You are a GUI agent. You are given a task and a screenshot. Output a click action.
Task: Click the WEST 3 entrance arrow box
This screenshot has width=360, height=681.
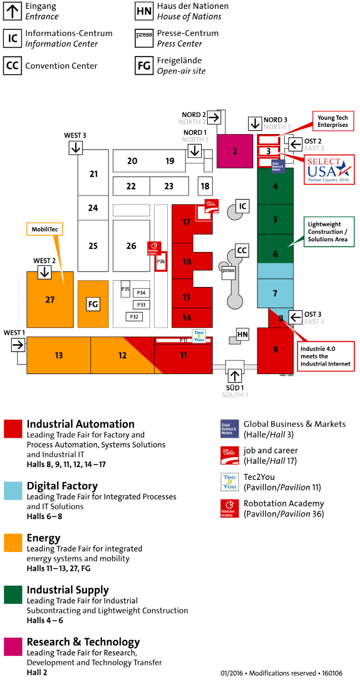75,147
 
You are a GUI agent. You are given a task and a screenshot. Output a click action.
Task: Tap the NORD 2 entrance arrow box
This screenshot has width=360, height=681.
214,117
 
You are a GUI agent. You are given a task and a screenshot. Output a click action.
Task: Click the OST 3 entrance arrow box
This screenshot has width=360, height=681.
296,317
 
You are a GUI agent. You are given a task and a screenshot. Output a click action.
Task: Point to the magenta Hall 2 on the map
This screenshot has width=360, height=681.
235,151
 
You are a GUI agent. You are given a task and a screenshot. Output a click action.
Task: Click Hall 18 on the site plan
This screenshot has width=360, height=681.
205,186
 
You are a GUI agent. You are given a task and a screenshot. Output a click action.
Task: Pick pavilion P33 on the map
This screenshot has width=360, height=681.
141,304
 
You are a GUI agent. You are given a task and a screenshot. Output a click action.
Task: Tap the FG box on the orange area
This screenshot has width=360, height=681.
93,304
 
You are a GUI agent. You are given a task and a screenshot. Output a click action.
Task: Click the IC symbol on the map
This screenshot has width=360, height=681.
242,206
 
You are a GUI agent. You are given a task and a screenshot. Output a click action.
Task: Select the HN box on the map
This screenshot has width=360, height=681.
243,334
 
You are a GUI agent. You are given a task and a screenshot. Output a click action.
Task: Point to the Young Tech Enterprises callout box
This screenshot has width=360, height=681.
332,121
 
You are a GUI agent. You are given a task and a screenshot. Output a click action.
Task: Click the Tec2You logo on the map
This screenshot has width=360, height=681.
199,336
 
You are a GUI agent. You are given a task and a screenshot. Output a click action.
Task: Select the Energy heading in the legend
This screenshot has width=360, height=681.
44,537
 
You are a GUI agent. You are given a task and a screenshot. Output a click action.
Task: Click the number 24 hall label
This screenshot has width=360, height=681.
93,208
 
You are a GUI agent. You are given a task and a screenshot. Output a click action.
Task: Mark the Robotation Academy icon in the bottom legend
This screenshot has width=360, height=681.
229,509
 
